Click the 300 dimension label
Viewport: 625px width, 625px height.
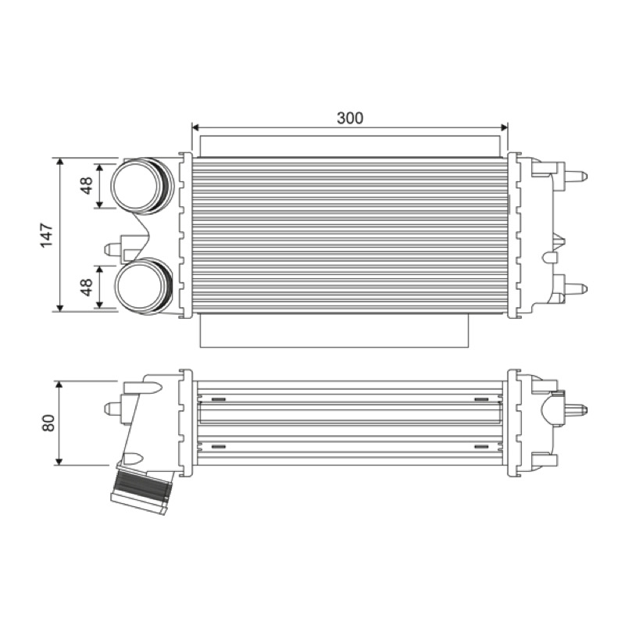[350, 118]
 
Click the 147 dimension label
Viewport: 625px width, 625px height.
[47, 235]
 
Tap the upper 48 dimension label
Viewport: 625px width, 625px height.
[87, 185]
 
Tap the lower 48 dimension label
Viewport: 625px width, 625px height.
[87, 287]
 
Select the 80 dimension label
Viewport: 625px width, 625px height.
[48, 423]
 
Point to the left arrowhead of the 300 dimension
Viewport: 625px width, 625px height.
[195, 127]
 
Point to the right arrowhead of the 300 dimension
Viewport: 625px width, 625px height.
[504, 127]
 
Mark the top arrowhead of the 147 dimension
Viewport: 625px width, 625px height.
[60, 161]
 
